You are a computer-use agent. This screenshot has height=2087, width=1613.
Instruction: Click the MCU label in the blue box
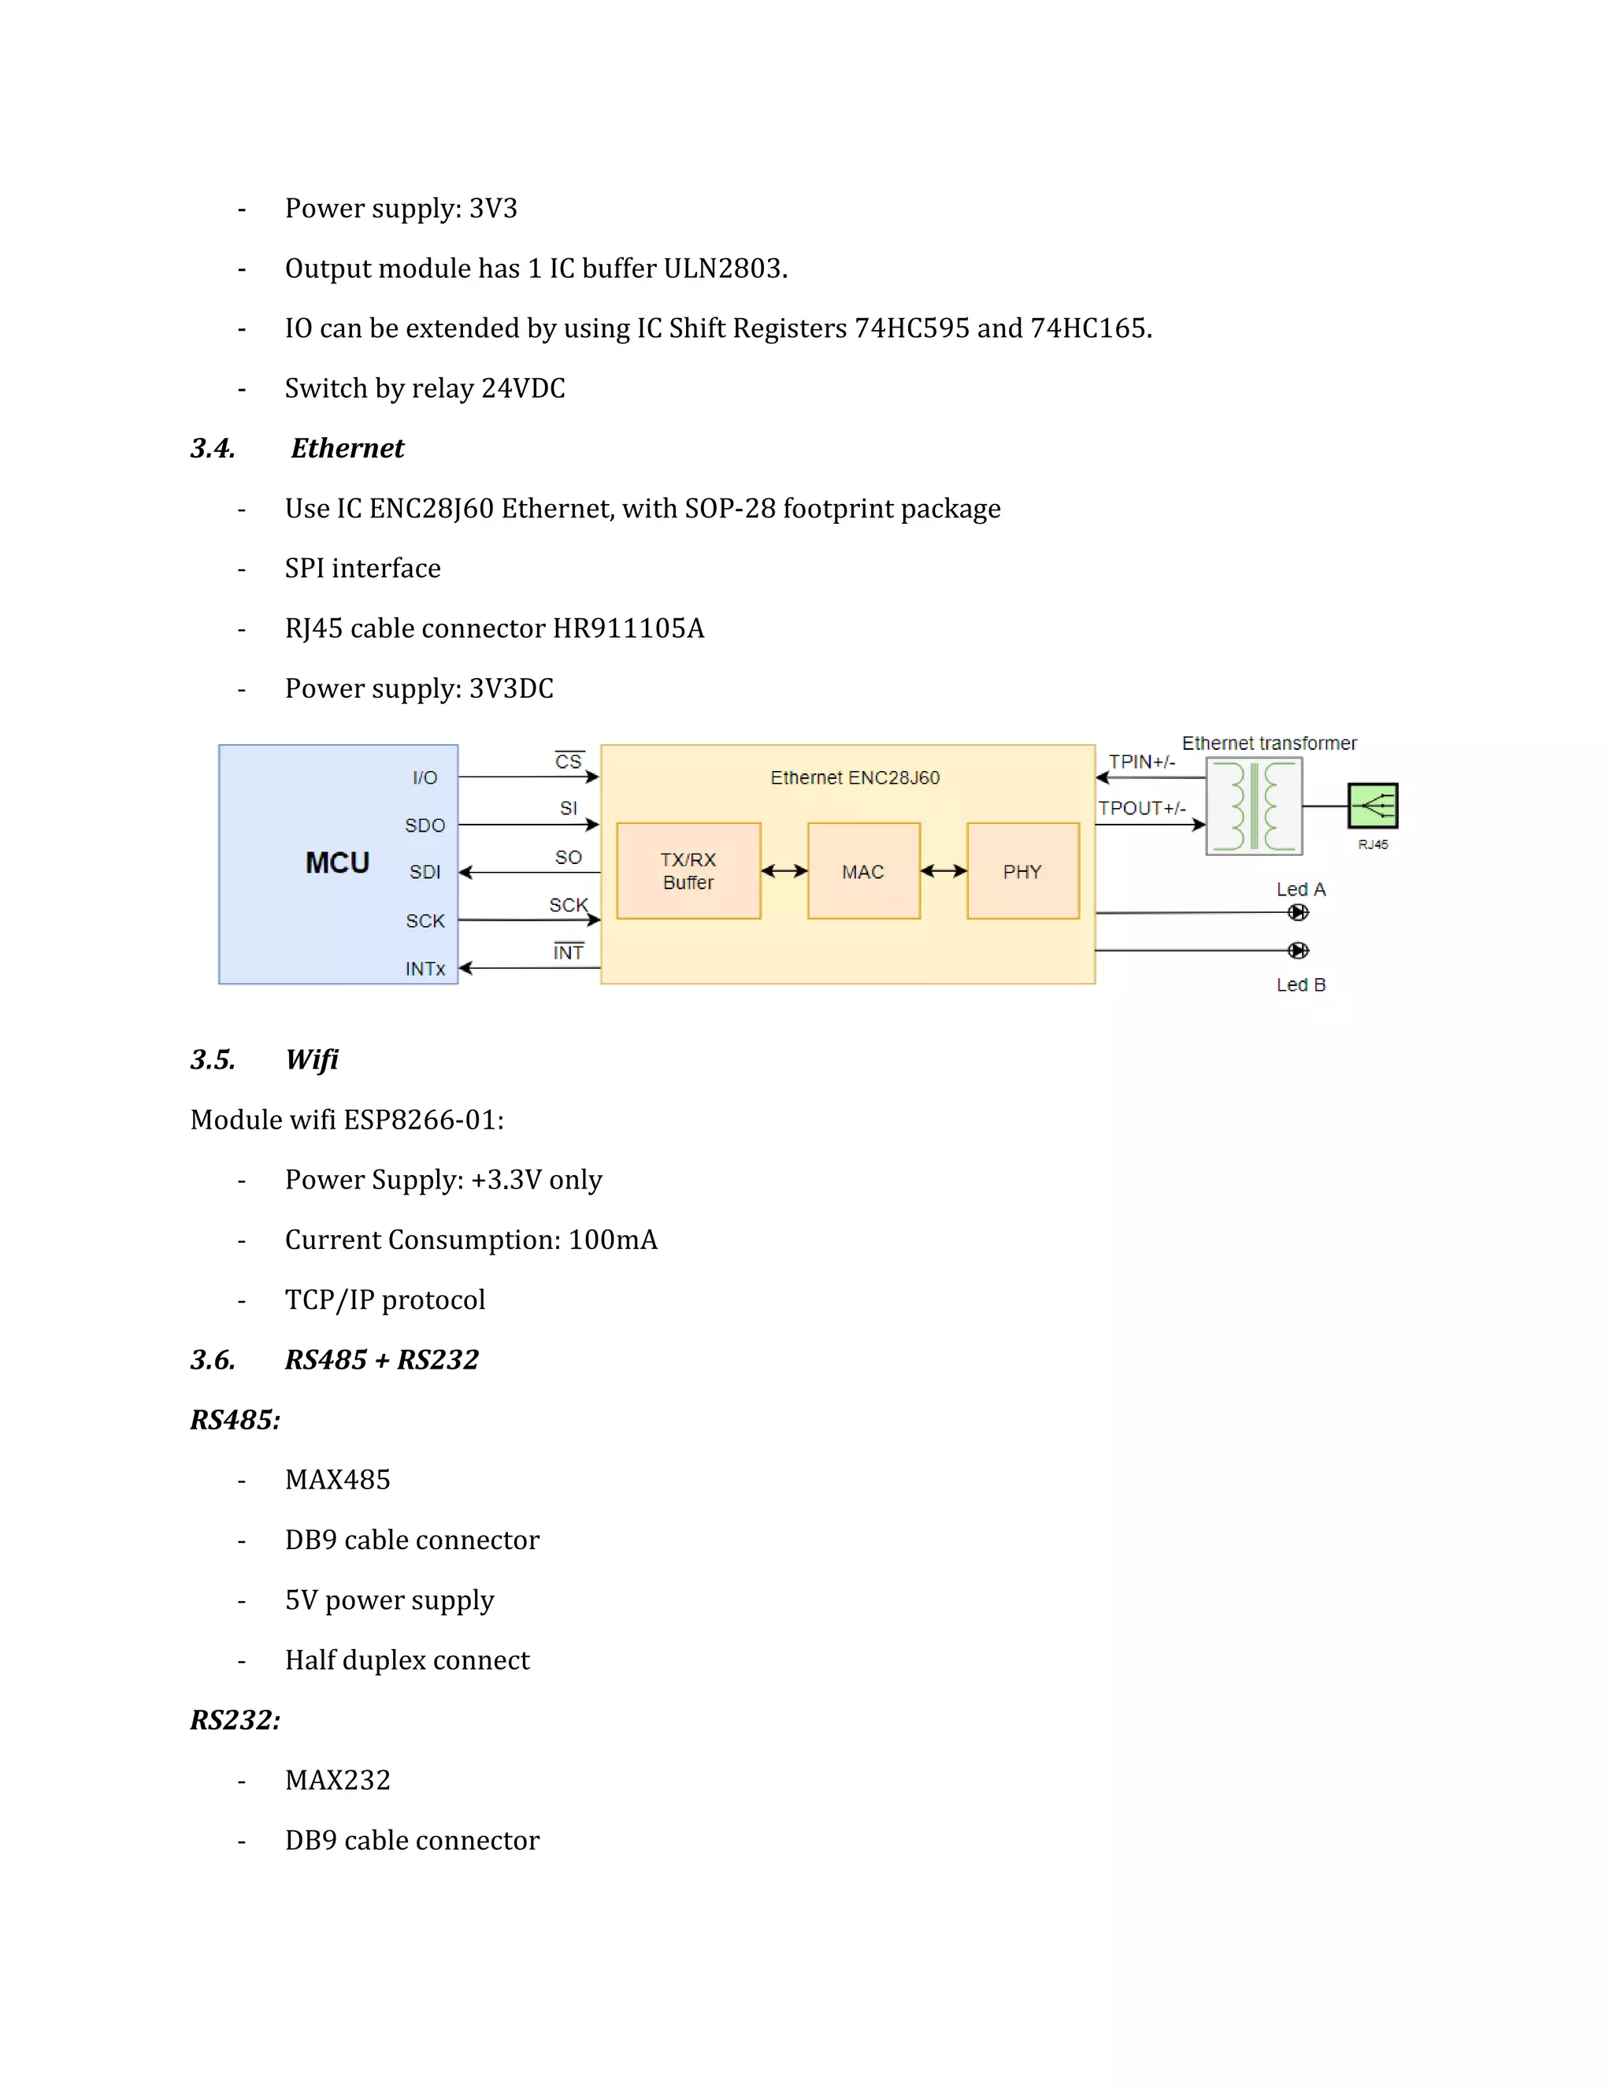click(337, 863)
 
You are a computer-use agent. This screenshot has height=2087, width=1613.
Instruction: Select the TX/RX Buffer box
click(688, 870)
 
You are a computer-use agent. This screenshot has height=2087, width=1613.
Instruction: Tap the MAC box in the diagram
click(863, 870)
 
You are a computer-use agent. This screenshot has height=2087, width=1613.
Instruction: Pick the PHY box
click(1022, 870)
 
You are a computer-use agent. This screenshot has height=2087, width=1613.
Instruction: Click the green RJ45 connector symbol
click(1372, 806)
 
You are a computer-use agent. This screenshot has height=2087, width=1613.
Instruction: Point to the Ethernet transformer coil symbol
click(1254, 806)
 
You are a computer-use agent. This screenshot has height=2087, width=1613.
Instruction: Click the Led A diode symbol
click(1298, 913)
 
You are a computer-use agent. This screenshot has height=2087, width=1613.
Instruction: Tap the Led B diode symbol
click(1298, 950)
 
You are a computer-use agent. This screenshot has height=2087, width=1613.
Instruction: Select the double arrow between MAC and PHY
click(943, 870)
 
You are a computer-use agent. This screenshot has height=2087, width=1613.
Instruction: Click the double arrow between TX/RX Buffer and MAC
click(784, 870)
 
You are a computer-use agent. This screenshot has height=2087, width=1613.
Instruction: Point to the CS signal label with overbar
click(569, 762)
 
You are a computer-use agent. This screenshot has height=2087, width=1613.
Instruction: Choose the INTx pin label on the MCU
click(425, 969)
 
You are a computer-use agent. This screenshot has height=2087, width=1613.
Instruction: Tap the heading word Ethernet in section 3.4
click(348, 448)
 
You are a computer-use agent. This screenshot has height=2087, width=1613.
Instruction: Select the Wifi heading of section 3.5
click(312, 1060)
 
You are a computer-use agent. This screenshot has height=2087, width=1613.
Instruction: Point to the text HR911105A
click(629, 628)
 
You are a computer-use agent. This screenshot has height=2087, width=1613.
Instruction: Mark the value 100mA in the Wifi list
click(613, 1240)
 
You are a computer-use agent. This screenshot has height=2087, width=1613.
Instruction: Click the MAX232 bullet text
click(337, 1781)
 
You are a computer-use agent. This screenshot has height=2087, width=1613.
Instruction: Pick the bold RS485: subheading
click(235, 1420)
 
